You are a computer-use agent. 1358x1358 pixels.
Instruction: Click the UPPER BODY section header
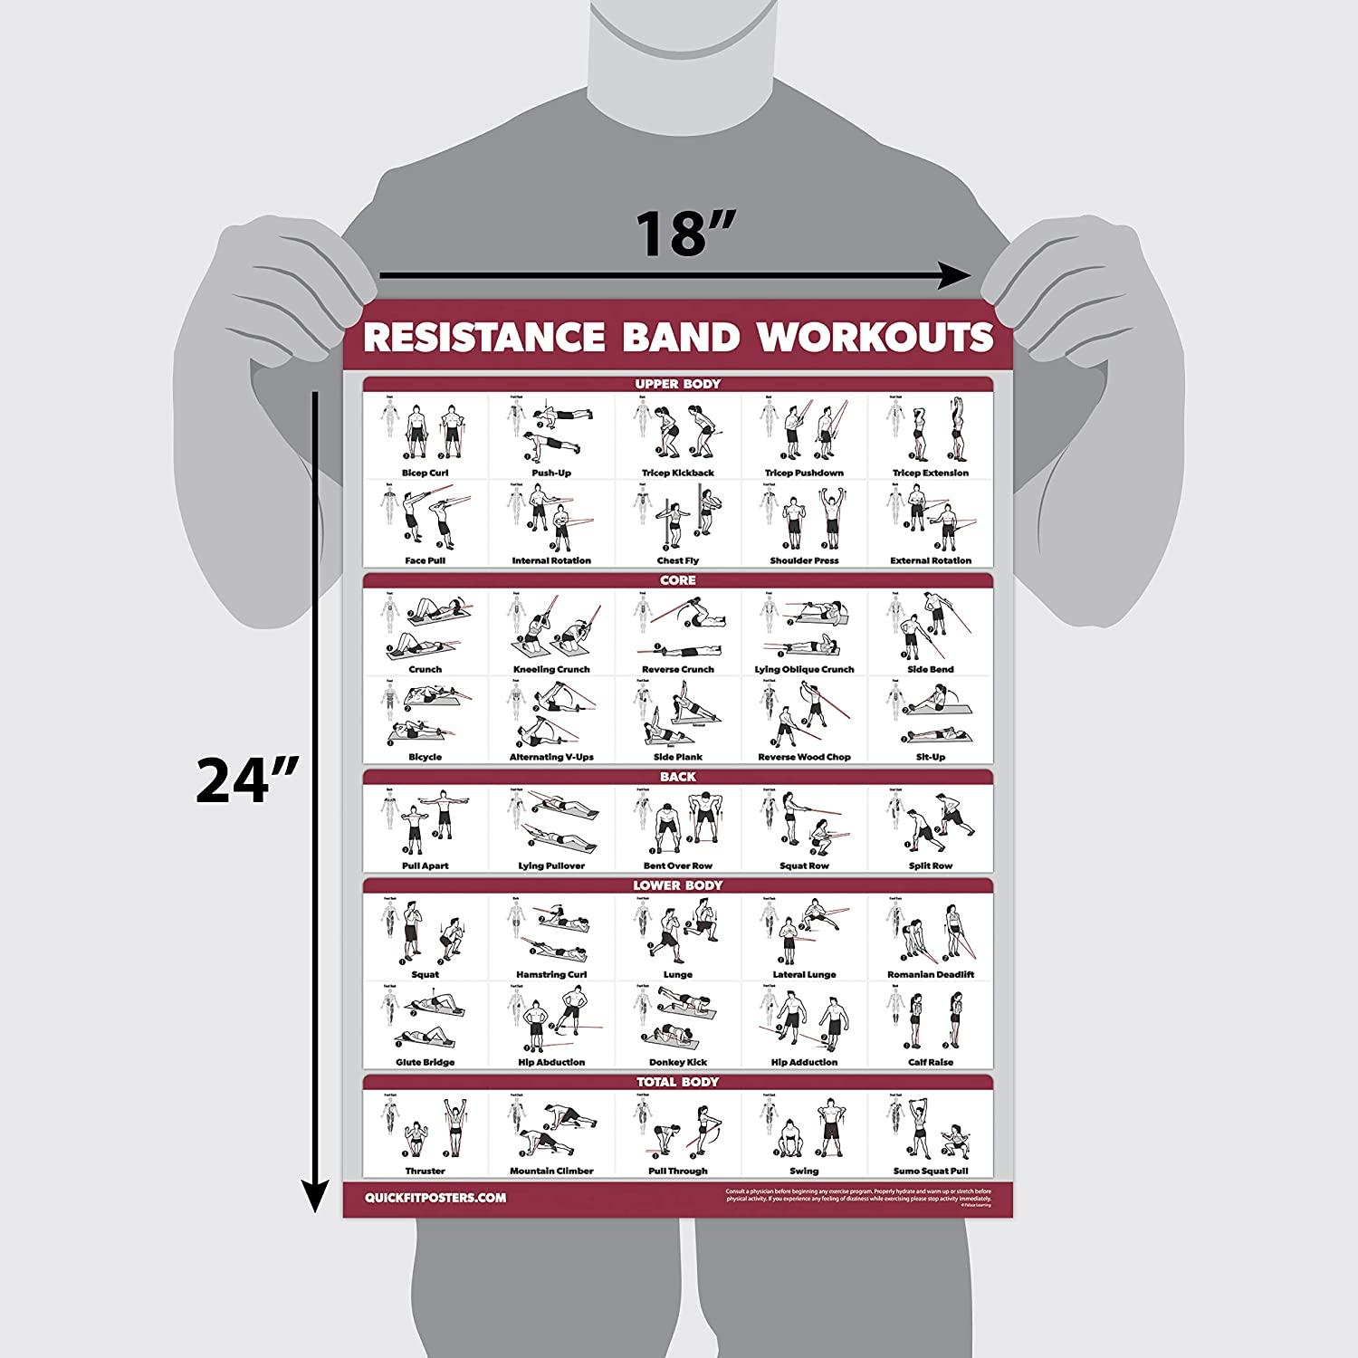coord(677,384)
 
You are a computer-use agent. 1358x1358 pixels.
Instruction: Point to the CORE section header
coord(677,580)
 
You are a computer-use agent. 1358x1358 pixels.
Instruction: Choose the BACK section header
coord(677,777)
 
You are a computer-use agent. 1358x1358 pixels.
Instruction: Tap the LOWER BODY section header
coord(677,885)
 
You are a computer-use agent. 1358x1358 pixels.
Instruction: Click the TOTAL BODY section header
coord(677,1082)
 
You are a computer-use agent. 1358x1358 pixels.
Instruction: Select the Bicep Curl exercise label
coord(425,473)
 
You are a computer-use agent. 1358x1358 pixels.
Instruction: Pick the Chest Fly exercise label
coord(677,560)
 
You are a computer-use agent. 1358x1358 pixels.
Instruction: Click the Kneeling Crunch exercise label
coord(550,669)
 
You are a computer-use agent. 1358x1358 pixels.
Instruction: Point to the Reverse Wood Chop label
coord(804,757)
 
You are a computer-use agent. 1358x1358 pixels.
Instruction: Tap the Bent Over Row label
coord(677,865)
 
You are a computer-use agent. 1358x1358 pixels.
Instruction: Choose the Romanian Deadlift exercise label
coord(930,975)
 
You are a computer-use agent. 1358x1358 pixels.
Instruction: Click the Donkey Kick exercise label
coord(677,1062)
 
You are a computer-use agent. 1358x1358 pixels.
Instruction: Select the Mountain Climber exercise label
coord(550,1171)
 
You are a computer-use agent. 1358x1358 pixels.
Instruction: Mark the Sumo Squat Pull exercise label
coord(930,1171)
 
